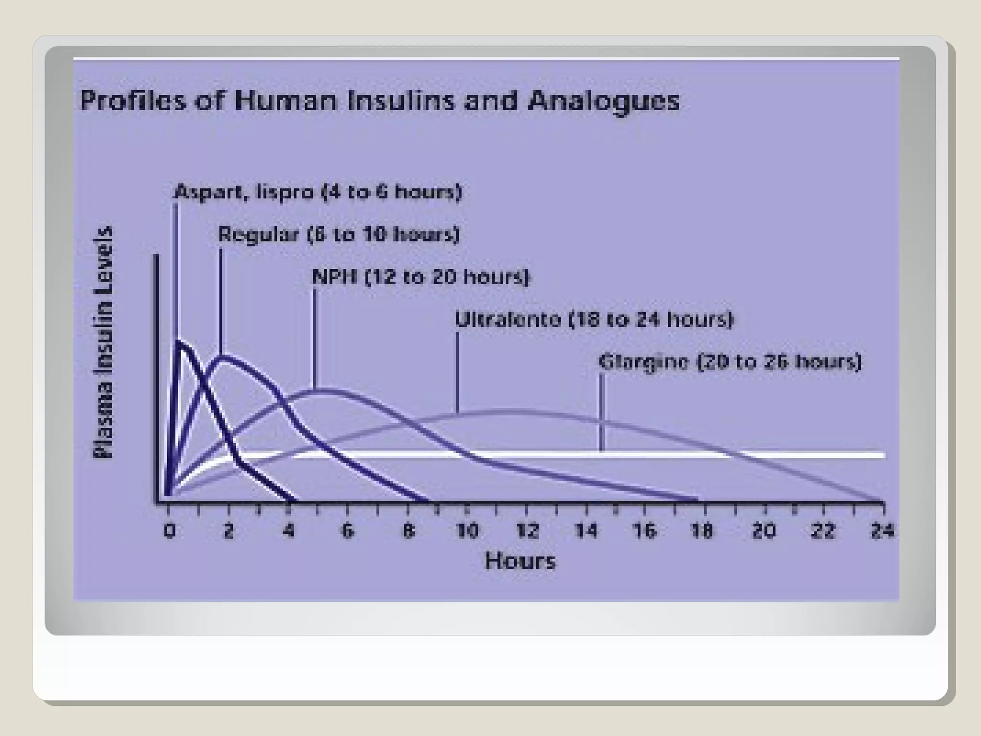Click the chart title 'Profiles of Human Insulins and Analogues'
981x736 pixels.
click(379, 102)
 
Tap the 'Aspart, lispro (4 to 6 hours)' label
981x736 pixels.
click(318, 192)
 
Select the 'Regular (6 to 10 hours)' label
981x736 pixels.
click(339, 235)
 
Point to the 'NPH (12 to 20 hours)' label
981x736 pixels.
click(420, 277)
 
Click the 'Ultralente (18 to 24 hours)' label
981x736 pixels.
click(594, 320)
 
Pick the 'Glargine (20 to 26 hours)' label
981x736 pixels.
click(730, 362)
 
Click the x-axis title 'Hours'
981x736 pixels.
click(520, 561)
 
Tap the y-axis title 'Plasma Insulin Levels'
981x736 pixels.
click(102, 343)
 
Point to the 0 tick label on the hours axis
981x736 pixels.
click(169, 531)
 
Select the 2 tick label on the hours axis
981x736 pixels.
click(228, 531)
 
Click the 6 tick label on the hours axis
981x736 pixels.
click(348, 531)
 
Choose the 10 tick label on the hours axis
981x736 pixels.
click(467, 531)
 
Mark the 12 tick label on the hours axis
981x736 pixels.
click(527, 531)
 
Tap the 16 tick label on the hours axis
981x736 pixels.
click(645, 531)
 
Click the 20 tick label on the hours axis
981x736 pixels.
click(764, 531)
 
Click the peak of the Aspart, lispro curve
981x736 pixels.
click(179, 342)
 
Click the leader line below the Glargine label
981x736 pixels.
click(602, 412)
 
